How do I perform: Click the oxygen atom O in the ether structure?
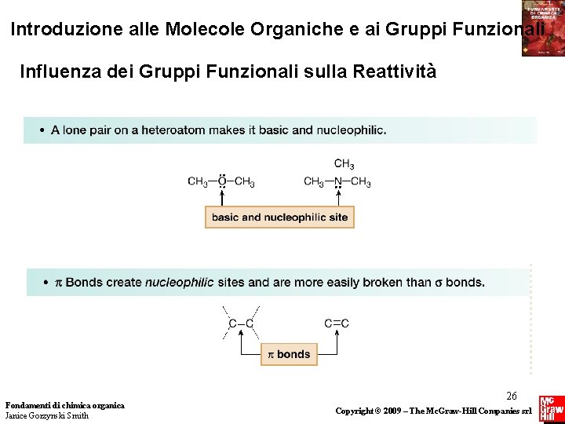click(x=222, y=182)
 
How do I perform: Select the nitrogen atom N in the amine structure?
click(x=338, y=182)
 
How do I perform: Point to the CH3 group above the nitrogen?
click(x=344, y=164)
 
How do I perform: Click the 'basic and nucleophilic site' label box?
click(x=279, y=217)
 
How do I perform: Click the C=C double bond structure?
click(x=337, y=323)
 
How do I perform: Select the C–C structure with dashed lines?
click(x=241, y=323)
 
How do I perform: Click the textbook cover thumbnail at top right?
click(x=543, y=28)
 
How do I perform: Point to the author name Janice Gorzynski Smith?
click(x=47, y=415)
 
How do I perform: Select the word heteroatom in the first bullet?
click(x=171, y=130)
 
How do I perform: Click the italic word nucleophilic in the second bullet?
click(x=179, y=282)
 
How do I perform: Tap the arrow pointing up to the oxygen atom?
click(x=222, y=198)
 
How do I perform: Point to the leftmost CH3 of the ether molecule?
click(x=198, y=182)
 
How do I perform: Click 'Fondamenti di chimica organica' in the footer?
click(x=64, y=405)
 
